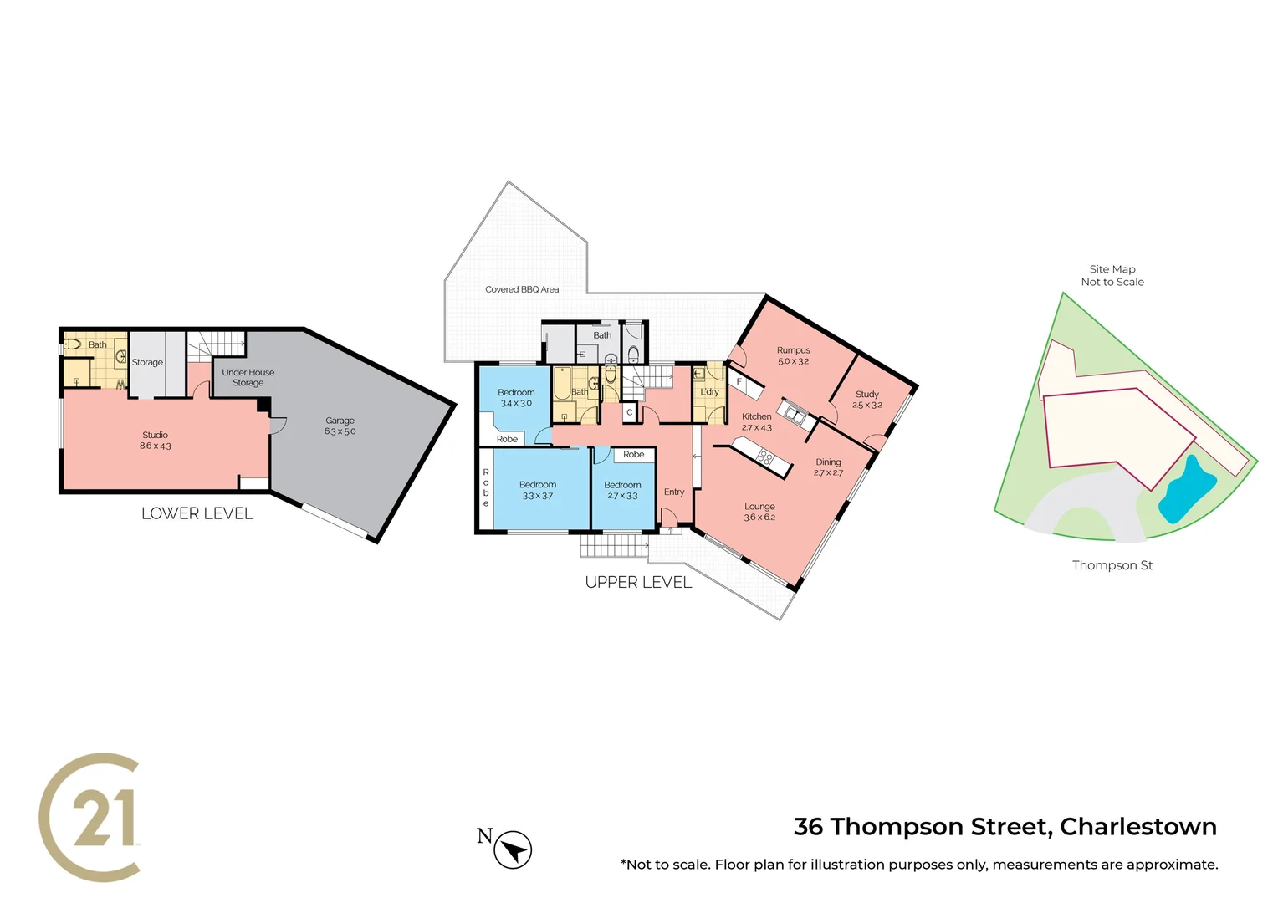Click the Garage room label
[x=340, y=426]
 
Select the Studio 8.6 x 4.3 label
[x=155, y=441]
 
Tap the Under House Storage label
[x=248, y=377]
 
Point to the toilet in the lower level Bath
[x=73, y=344]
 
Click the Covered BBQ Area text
[x=522, y=289]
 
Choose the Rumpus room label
[x=793, y=355]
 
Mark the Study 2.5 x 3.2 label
[x=867, y=399]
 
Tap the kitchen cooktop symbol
[x=764, y=457]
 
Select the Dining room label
[x=828, y=467]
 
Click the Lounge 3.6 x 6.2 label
[x=759, y=512]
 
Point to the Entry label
[x=674, y=492]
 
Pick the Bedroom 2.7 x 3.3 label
[x=622, y=490]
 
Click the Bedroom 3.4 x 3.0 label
[x=516, y=397]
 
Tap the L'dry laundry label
[x=709, y=391]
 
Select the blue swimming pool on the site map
[x=1187, y=488]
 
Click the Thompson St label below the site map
[x=1112, y=565]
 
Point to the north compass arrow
[x=513, y=850]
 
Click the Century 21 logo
[x=90, y=817]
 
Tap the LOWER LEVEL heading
[x=197, y=513]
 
